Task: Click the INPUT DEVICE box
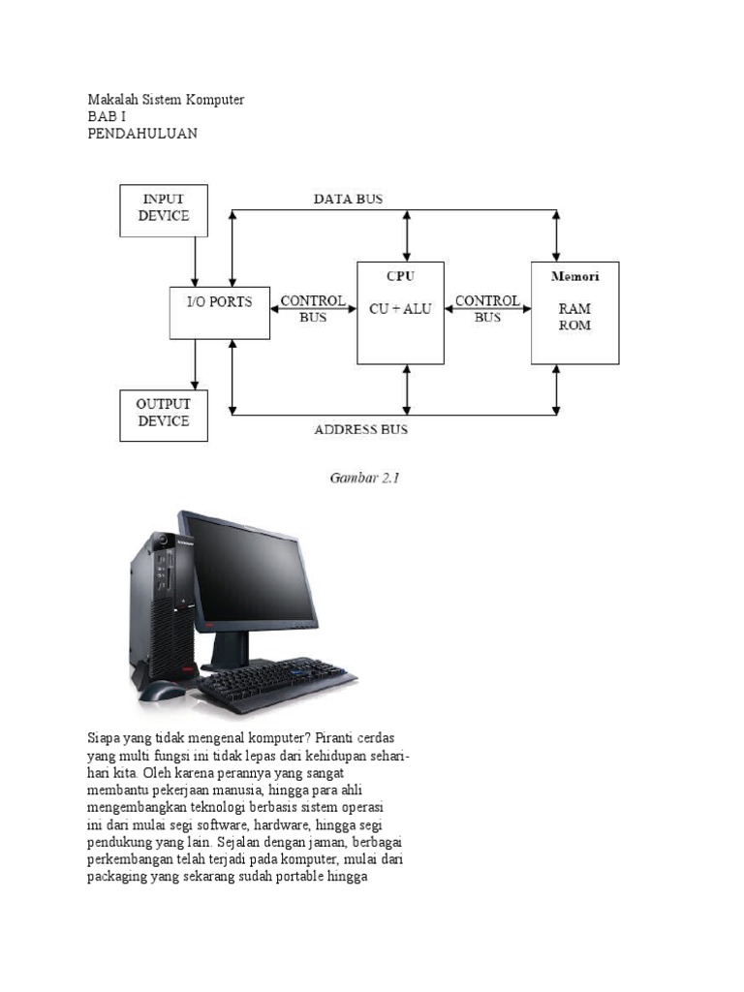(x=163, y=210)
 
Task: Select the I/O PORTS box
(x=219, y=312)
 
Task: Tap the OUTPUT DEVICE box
(x=163, y=415)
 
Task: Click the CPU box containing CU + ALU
(x=400, y=312)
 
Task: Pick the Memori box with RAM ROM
(x=574, y=312)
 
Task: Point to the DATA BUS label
(x=348, y=199)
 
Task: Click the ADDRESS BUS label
(x=360, y=429)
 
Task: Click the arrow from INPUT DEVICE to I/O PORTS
(x=195, y=261)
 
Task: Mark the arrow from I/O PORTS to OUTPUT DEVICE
(x=195, y=364)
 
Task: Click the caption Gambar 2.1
(x=360, y=477)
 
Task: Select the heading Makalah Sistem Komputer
(x=166, y=100)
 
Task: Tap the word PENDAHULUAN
(x=142, y=134)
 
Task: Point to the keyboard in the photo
(x=276, y=683)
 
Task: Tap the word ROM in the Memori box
(x=574, y=325)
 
